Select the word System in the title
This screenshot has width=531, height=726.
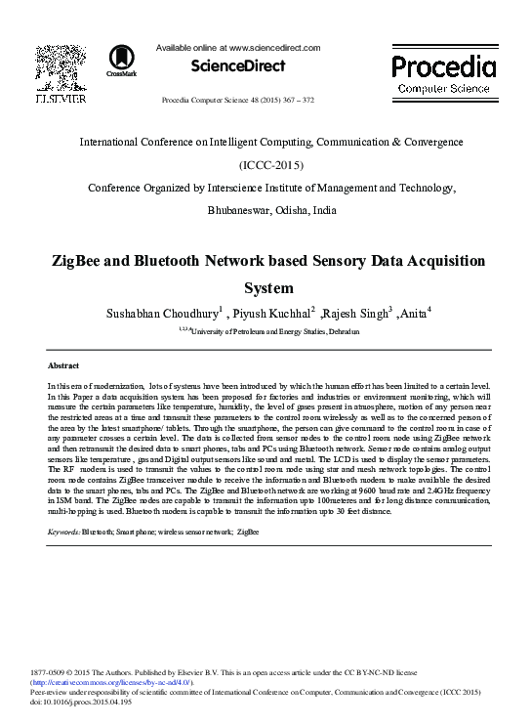coord(267,288)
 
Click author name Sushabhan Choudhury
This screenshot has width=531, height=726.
coord(160,314)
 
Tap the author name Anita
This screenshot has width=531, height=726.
coord(413,314)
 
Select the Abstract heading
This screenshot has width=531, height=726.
coord(63,364)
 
